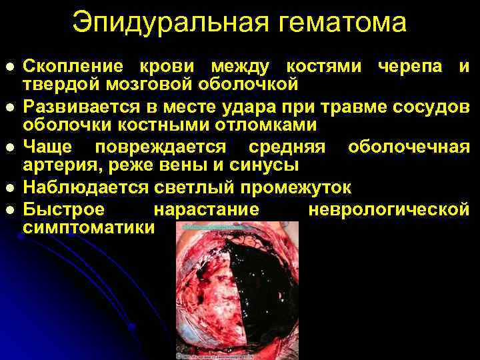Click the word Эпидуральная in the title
(155, 22)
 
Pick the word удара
(259, 107)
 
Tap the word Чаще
(50, 147)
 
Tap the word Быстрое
(64, 209)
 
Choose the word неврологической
(389, 209)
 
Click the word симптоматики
(88, 227)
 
